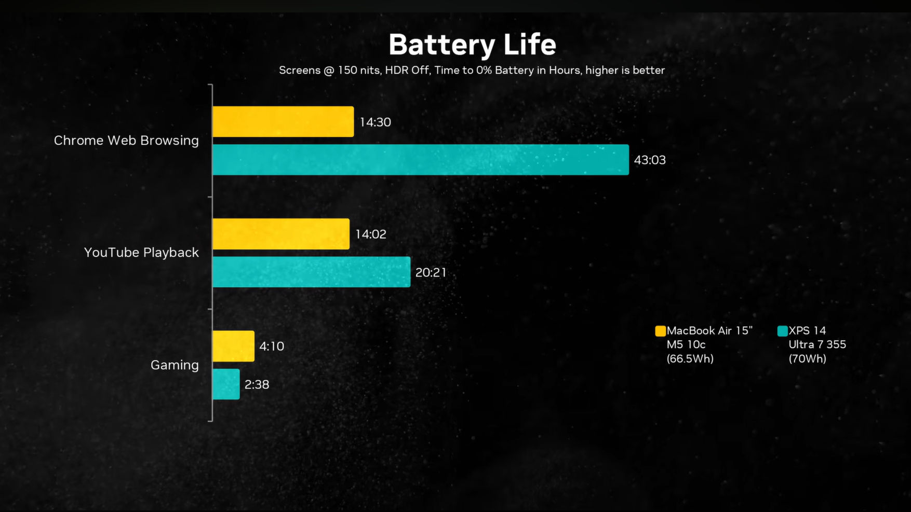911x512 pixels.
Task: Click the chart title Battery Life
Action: pyautogui.click(x=472, y=45)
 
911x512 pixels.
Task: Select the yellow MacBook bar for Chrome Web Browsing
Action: pyautogui.click(x=283, y=122)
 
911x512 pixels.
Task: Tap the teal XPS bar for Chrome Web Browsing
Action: pyautogui.click(x=420, y=160)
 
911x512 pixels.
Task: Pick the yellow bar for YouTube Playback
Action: pyautogui.click(x=281, y=234)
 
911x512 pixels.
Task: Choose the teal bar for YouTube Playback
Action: pyautogui.click(x=311, y=272)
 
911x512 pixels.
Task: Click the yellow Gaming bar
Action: pyautogui.click(x=233, y=346)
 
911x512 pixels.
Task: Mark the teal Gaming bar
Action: pyautogui.click(x=226, y=384)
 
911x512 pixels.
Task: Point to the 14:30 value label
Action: pyautogui.click(x=375, y=122)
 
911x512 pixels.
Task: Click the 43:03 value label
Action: pyautogui.click(x=650, y=160)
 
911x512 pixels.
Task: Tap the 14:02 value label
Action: pyautogui.click(x=371, y=234)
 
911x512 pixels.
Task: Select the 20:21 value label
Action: pyautogui.click(x=431, y=272)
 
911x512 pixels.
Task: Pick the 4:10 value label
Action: pyautogui.click(x=272, y=347)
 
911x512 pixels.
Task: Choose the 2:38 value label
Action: pyautogui.click(x=257, y=385)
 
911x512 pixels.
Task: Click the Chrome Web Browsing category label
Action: pyautogui.click(x=126, y=141)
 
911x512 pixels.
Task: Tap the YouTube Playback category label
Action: pyautogui.click(x=141, y=253)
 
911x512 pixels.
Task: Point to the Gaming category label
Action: pyautogui.click(x=175, y=365)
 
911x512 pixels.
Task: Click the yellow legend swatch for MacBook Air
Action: pyautogui.click(x=660, y=331)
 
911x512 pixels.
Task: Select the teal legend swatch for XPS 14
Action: pyautogui.click(x=782, y=331)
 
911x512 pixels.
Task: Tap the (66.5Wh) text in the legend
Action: pyautogui.click(x=690, y=359)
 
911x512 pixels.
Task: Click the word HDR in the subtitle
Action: pyautogui.click(x=396, y=70)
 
